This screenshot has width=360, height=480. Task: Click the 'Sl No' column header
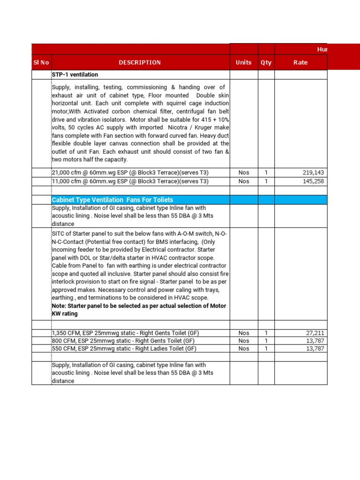(x=41, y=62)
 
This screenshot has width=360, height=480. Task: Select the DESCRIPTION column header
(x=140, y=62)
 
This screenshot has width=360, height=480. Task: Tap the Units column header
(x=244, y=62)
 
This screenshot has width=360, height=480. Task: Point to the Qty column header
(x=266, y=62)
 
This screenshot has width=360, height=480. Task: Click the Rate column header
(x=300, y=62)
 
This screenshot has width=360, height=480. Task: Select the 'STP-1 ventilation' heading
(x=75, y=75)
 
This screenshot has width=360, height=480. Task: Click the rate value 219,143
(x=314, y=172)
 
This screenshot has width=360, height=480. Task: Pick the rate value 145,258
(x=314, y=181)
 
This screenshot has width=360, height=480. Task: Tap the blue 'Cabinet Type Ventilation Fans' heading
(x=112, y=200)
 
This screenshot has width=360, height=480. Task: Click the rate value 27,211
(x=315, y=333)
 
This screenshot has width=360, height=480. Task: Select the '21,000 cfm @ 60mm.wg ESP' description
(x=130, y=172)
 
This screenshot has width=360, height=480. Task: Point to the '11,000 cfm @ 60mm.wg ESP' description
(x=130, y=181)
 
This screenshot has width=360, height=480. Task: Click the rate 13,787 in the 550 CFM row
(x=315, y=349)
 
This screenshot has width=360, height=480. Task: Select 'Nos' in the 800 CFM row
(x=244, y=341)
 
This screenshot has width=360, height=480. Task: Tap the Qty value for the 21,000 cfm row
(x=266, y=172)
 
